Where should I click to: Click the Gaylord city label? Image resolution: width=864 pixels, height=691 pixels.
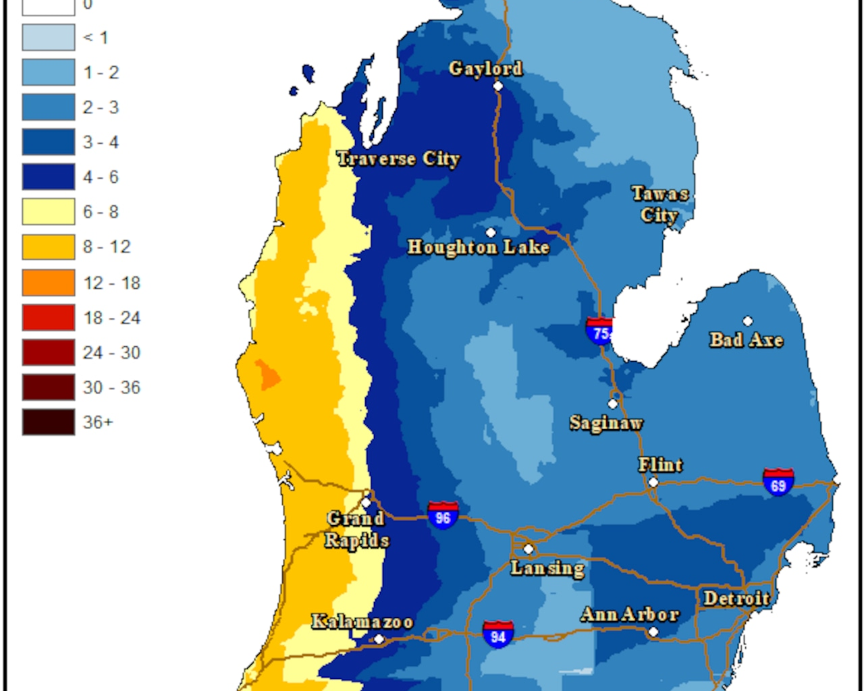click(485, 69)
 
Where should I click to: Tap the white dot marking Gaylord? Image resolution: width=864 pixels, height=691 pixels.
click(498, 86)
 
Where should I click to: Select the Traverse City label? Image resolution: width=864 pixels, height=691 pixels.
click(398, 159)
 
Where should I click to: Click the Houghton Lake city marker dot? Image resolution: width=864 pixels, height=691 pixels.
click(491, 233)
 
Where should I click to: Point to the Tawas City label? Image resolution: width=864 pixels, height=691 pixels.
click(659, 204)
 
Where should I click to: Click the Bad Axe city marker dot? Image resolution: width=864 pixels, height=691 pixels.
click(748, 321)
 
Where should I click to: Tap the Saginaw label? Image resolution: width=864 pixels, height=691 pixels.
click(605, 423)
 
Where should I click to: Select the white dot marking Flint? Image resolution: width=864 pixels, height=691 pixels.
click(653, 482)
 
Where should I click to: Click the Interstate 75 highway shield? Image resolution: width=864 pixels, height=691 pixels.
click(599, 331)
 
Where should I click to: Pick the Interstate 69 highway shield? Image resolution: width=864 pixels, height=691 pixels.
click(778, 483)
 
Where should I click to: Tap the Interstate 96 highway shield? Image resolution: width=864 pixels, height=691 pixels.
click(443, 516)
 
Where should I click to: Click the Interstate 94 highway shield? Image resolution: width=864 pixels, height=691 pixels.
click(498, 634)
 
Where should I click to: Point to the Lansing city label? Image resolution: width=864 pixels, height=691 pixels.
click(547, 568)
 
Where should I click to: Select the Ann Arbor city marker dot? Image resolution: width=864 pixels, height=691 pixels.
click(653, 632)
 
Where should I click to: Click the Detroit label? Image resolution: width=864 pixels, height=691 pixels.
click(736, 599)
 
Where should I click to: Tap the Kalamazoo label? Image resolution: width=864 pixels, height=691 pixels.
click(362, 621)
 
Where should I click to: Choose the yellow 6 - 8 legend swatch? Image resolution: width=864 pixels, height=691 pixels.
click(49, 212)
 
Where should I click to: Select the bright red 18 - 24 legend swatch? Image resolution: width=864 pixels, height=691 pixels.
click(49, 317)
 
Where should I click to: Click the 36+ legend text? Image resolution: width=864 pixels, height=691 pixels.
click(98, 422)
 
